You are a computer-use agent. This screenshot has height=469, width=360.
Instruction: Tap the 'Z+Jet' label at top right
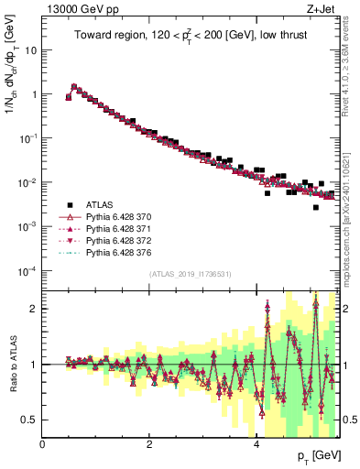coord(321,9)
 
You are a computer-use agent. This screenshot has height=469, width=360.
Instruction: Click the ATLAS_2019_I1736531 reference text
coord(191,275)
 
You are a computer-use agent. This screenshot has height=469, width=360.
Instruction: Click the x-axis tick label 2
coord(149,445)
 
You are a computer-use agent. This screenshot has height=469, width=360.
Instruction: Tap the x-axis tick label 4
coord(256,445)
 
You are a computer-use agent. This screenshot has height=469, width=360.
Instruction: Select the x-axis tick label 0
coord(43,445)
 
